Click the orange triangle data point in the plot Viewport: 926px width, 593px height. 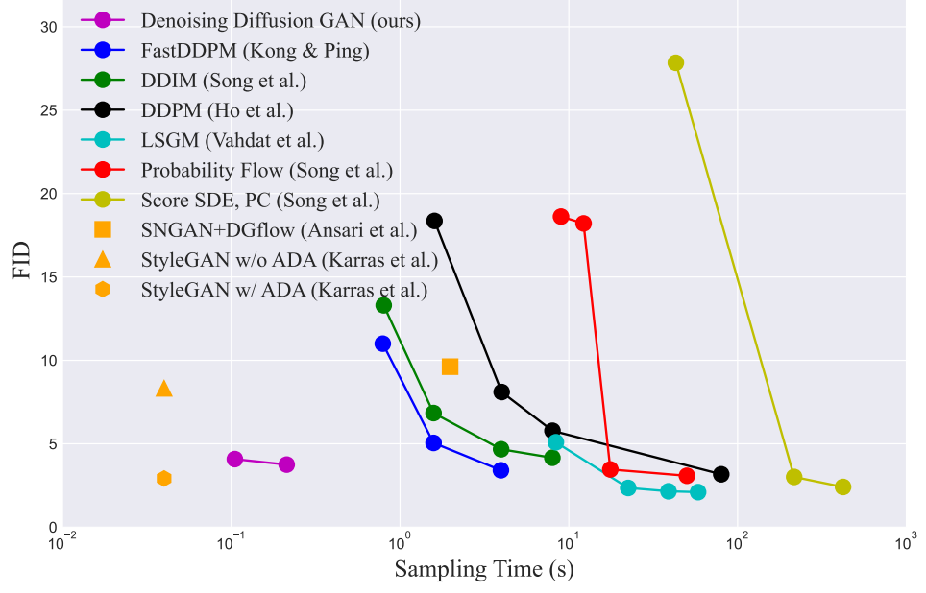[x=164, y=389]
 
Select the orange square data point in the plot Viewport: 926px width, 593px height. [x=450, y=367]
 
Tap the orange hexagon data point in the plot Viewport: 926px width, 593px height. [x=164, y=479]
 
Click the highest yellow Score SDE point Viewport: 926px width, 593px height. [x=675, y=63]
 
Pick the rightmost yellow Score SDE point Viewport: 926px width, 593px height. [x=843, y=487]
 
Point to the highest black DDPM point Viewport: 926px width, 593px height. [x=434, y=222]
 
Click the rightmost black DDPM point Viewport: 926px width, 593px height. [x=721, y=474]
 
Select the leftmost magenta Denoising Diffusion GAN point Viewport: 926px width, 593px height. [x=234, y=459]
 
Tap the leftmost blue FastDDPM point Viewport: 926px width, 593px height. [x=382, y=344]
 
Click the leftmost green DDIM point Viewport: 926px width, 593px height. [x=384, y=306]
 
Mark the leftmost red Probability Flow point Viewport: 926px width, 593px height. [x=561, y=217]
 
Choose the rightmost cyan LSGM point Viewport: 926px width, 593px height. [x=698, y=492]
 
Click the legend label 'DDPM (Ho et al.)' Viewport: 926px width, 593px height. [x=217, y=110]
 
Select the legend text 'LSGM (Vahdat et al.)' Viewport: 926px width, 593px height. [x=232, y=140]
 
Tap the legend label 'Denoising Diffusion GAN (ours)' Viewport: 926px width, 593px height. [x=280, y=21]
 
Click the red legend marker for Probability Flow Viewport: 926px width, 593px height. [x=103, y=170]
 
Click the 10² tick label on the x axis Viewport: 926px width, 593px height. [x=737, y=543]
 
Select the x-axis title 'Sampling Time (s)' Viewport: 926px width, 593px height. [x=484, y=569]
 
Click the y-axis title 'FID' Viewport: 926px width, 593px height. [x=22, y=260]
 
